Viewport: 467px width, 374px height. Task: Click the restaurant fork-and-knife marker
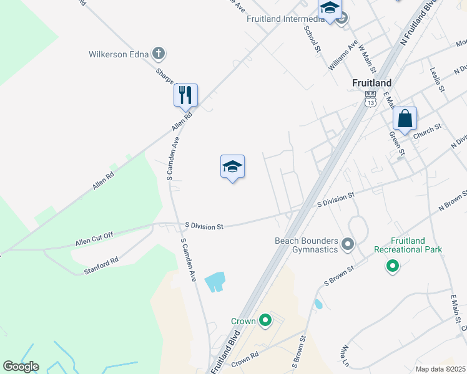[x=185, y=95]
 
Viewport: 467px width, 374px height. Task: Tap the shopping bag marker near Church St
[x=405, y=118]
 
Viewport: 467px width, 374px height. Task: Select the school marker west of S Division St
[x=232, y=166]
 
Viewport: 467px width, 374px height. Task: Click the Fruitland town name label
[x=371, y=83]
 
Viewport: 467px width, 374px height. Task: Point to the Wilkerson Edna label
[x=119, y=54]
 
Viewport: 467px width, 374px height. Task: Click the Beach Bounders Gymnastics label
[x=306, y=245]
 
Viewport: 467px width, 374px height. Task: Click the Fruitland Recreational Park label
[x=408, y=245]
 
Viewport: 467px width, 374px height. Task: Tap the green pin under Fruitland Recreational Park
[x=393, y=266]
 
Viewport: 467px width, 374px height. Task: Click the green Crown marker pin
[x=265, y=321]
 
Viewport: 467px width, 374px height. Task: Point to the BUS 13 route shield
[x=371, y=99]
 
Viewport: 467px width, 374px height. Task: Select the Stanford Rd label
[x=101, y=266]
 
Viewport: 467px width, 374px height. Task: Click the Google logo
[x=21, y=367]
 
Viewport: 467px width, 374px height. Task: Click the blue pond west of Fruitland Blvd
[x=214, y=282]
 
